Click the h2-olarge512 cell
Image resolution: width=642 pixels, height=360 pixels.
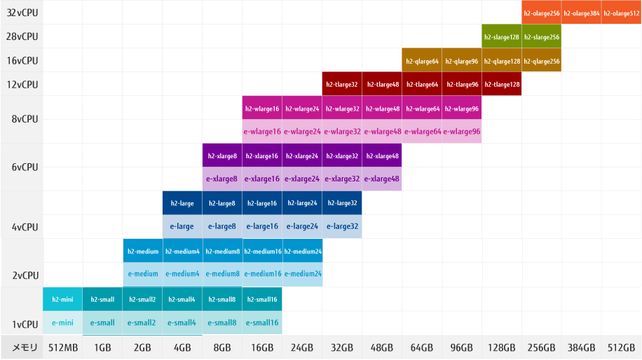point(621,13)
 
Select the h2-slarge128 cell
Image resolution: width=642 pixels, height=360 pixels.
point(501,36)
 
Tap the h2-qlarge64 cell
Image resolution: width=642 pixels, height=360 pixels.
point(421,61)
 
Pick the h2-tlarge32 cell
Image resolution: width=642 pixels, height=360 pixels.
point(341,85)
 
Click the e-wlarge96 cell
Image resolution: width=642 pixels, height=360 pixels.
point(461,131)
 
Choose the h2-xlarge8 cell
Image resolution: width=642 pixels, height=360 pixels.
point(221,155)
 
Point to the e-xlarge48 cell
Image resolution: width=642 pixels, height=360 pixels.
point(381,178)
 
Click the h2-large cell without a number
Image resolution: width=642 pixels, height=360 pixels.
point(182,203)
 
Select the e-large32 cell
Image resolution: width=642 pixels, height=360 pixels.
point(341,226)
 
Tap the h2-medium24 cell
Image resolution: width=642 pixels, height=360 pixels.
point(302,251)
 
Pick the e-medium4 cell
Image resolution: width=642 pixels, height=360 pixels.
point(182,274)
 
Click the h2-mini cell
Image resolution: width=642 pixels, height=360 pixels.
point(62,299)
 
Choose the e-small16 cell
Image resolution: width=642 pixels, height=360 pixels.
point(262,323)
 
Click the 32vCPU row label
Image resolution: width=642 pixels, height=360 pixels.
point(21,13)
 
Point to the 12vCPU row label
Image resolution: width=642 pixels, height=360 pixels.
point(21,85)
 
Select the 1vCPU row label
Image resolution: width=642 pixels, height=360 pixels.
point(25,324)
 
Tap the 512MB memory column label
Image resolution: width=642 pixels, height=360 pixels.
point(62,347)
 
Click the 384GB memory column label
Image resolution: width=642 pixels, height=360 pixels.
point(581,347)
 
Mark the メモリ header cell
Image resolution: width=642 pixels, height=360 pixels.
point(21,347)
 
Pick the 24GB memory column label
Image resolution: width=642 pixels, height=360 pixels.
point(302,347)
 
